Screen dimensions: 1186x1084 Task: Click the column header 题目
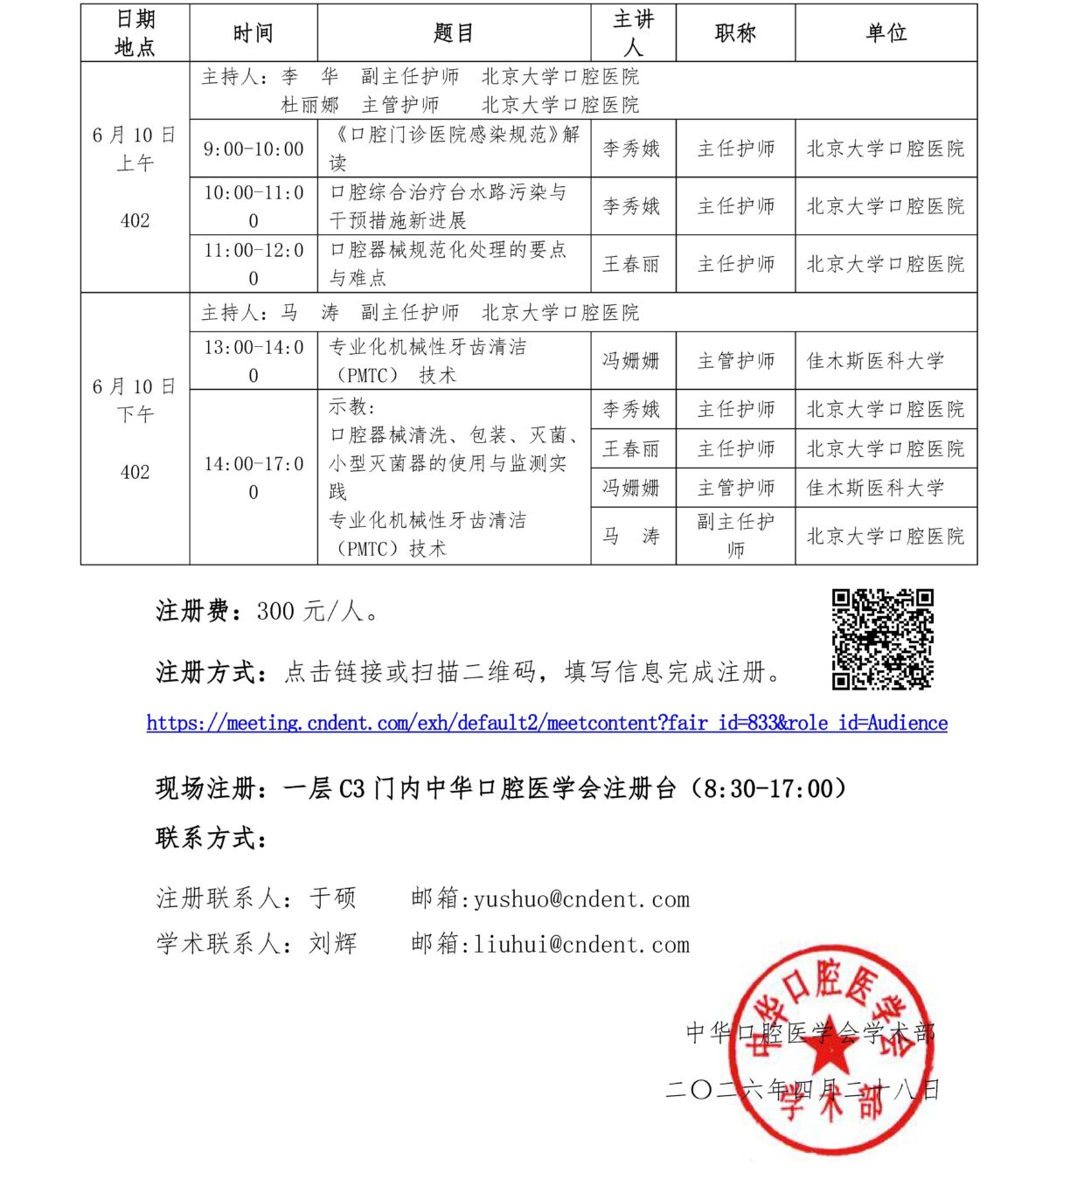click(x=454, y=33)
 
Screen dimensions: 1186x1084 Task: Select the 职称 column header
click(x=735, y=33)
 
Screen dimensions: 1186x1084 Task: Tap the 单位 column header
click(x=886, y=33)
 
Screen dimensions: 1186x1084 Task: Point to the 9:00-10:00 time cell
click(x=254, y=149)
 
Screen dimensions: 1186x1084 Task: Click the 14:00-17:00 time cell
click(x=254, y=477)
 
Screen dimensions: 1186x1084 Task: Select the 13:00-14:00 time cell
click(x=254, y=361)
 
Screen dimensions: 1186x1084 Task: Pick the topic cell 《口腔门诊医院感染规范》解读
click(x=454, y=149)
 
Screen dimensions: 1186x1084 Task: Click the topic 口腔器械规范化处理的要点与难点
click(x=448, y=264)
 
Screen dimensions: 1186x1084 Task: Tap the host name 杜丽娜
click(x=309, y=106)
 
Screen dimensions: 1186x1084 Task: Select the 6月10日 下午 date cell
click(x=135, y=428)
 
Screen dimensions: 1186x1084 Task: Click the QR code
click(x=882, y=639)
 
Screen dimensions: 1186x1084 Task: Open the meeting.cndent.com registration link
click(x=546, y=723)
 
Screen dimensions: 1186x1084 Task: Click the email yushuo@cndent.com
click(x=581, y=899)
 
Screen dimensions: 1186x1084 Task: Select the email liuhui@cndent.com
click(x=581, y=945)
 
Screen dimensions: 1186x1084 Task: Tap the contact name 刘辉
click(x=333, y=944)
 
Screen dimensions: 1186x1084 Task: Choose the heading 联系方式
click(x=211, y=838)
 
